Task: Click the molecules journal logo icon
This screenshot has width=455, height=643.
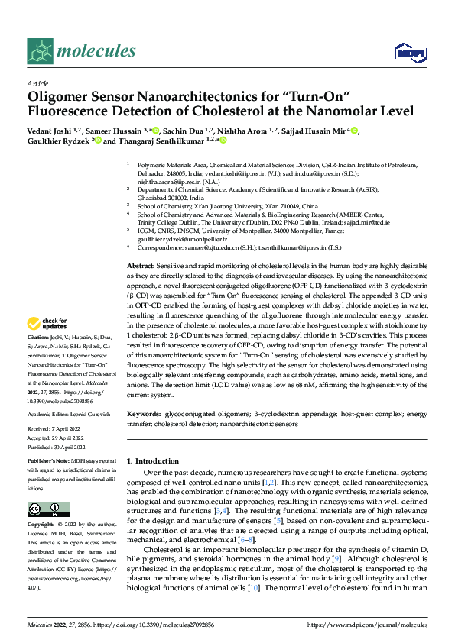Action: click(x=40, y=50)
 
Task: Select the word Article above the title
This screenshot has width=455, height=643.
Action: click(x=37, y=83)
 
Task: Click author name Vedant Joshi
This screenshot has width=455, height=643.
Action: click(x=53, y=130)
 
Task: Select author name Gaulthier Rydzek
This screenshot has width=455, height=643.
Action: click(x=58, y=141)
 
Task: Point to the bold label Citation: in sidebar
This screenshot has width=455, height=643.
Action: click(x=38, y=358)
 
